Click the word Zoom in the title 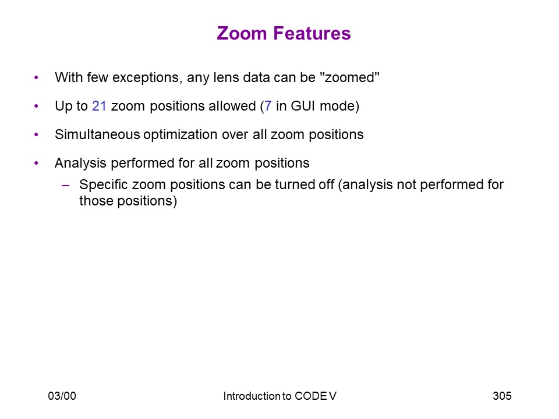[x=242, y=33]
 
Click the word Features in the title [x=312, y=33]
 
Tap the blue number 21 [x=99, y=106]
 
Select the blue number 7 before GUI [x=268, y=106]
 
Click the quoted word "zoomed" [x=350, y=77]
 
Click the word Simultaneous [x=97, y=134]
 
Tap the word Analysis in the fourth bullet [x=80, y=164]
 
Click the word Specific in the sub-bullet [x=104, y=185]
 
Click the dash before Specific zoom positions [x=66, y=185]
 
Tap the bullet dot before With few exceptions [x=36, y=77]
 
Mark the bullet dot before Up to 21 [x=36, y=106]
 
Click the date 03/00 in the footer [x=62, y=396]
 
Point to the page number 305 [x=502, y=396]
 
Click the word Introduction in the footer [x=252, y=396]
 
